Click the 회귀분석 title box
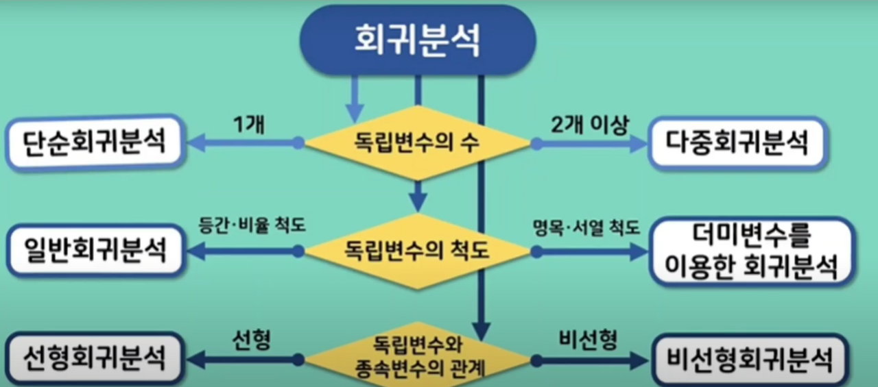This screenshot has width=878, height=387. [x=417, y=40]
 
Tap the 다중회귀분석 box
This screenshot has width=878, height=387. [x=737, y=143]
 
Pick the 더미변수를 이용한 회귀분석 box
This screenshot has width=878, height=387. [x=750, y=251]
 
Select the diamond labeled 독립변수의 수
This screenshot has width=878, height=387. [x=417, y=144]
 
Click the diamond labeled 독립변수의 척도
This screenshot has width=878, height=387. [x=417, y=251]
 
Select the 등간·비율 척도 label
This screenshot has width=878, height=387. [x=242, y=228]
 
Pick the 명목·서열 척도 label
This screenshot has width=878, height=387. [x=586, y=228]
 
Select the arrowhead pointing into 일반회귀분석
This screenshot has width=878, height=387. [x=196, y=251]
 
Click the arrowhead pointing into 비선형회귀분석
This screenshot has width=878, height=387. [x=639, y=359]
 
